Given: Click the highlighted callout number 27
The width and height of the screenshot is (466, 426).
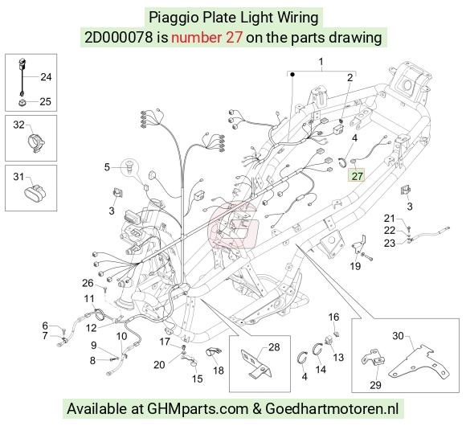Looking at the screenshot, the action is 357,176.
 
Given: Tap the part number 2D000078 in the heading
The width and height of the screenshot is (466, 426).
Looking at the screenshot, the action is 119,38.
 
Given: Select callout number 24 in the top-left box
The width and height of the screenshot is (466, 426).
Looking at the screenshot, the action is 46,76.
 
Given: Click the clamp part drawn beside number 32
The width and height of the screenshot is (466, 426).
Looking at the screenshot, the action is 36,143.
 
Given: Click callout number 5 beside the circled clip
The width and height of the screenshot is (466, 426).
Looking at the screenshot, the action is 107,167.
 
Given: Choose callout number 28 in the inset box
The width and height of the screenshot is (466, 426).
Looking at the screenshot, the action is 274,347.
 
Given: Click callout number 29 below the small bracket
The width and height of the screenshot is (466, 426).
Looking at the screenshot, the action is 375,385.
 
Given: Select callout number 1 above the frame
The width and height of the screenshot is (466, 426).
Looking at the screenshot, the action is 321,62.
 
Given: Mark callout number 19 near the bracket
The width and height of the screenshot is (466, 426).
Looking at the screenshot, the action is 355,266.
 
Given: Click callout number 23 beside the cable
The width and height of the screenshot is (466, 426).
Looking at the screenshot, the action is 390,244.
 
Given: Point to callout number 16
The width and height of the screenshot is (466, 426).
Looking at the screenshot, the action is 333,317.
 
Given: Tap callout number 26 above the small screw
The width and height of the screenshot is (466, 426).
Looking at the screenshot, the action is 88,283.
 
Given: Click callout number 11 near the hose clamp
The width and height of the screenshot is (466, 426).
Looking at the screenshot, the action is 89,298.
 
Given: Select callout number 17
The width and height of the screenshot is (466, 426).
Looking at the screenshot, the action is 165,342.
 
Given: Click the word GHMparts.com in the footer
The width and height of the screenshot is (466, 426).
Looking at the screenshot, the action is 198,409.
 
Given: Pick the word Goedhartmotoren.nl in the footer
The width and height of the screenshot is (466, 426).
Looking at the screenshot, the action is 332,409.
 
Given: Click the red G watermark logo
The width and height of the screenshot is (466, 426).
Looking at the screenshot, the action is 233,224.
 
